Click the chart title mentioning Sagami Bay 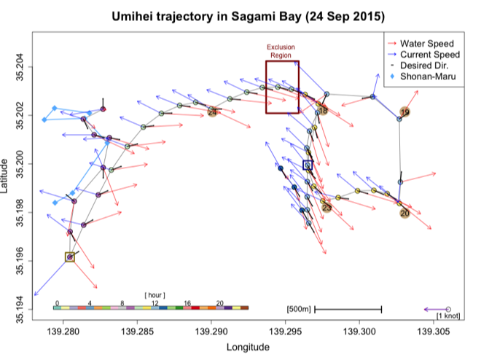pos(249,16)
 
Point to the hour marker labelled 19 pos(405,113)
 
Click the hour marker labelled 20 pos(404,214)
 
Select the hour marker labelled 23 pos(326,208)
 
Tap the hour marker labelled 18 pos(323,110)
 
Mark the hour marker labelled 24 pos(212,112)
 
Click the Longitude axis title pos(249,347)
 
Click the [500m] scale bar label pos(300,310)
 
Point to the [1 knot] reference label pos(447,316)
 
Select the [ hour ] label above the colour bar pos(155,294)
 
